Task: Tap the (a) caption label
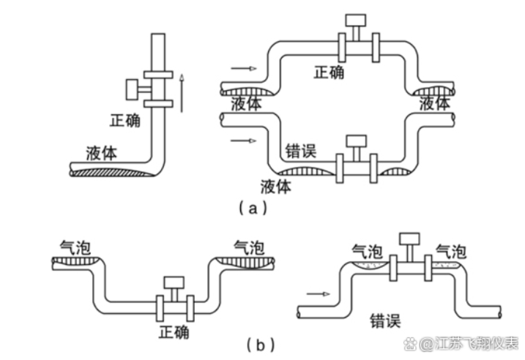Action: tap(249, 208)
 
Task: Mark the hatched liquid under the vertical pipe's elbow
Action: tap(117, 173)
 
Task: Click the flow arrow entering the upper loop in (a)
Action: tap(244, 69)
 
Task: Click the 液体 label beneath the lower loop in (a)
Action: tap(276, 186)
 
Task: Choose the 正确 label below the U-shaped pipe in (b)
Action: tap(174, 331)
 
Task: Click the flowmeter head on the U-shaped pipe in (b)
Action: tap(174, 283)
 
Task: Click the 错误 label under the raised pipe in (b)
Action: tap(384, 320)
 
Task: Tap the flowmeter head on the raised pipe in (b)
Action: tap(409, 239)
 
